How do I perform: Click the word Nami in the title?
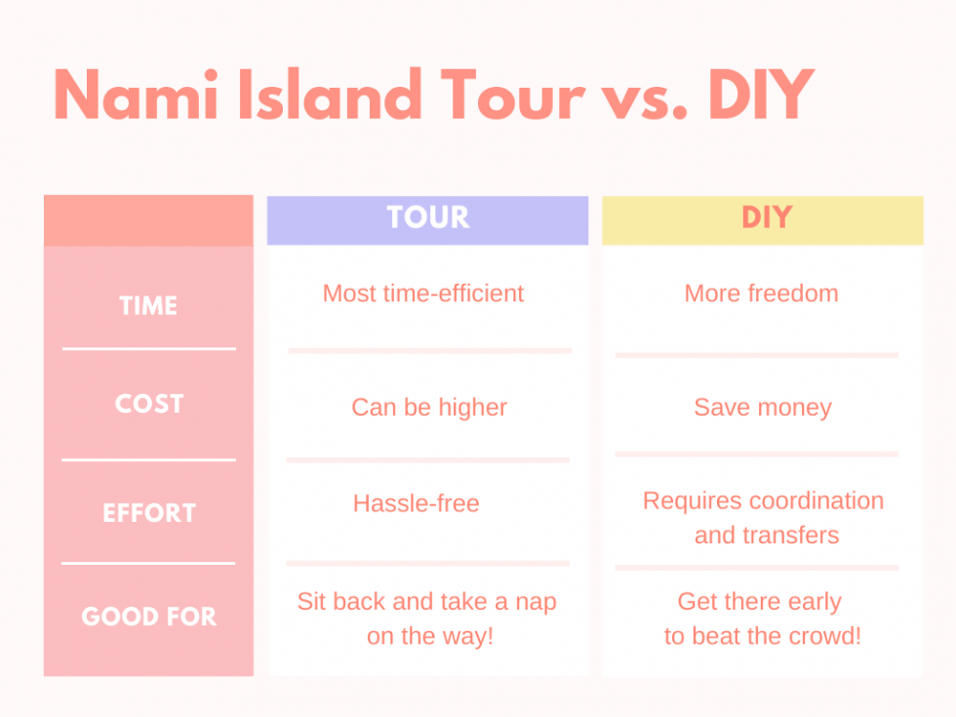pyautogui.click(x=136, y=95)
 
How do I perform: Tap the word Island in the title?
pyautogui.click(x=330, y=95)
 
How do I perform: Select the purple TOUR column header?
pyautogui.click(x=428, y=220)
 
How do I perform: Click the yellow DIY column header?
pyautogui.click(x=763, y=220)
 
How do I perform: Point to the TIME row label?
pyautogui.click(x=148, y=305)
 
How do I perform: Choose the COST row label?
pyautogui.click(x=149, y=404)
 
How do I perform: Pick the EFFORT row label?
pyautogui.click(x=149, y=513)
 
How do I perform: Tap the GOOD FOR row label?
pyautogui.click(x=149, y=617)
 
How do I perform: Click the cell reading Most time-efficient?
pyautogui.click(x=423, y=294)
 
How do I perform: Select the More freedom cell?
pyautogui.click(x=762, y=294)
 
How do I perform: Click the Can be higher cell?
pyautogui.click(x=429, y=408)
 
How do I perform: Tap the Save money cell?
pyautogui.click(x=763, y=408)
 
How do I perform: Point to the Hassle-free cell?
pyautogui.click(x=417, y=503)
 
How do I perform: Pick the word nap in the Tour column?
pyautogui.click(x=536, y=603)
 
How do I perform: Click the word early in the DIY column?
pyautogui.click(x=815, y=603)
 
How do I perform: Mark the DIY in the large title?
pyautogui.click(x=761, y=95)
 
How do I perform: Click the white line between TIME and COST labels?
pyautogui.click(x=149, y=349)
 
